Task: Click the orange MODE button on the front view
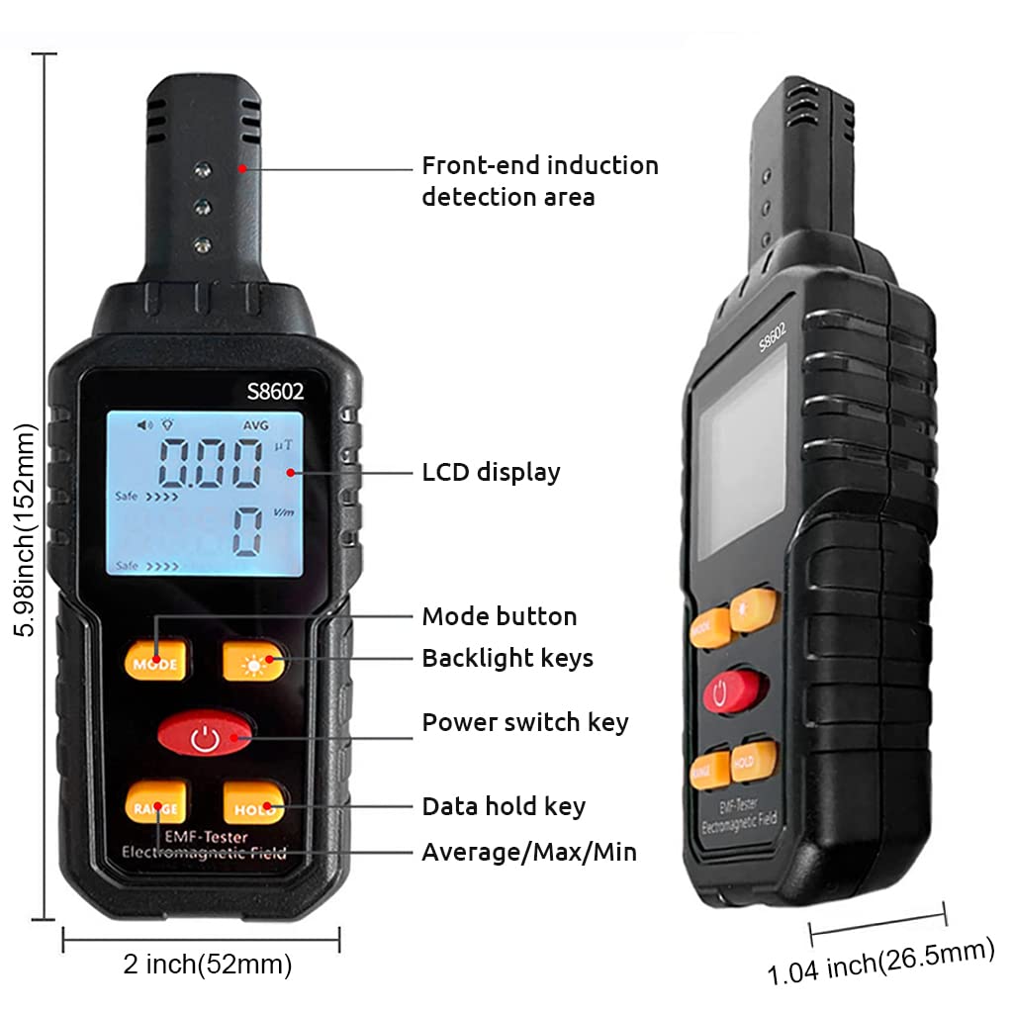(x=155, y=660)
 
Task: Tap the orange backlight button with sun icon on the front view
(x=254, y=661)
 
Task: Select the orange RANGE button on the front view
(x=155, y=805)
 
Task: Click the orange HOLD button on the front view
(x=254, y=805)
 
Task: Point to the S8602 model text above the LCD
(x=275, y=392)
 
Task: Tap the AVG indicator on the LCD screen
(x=254, y=424)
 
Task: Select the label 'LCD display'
(x=491, y=472)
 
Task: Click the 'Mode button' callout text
(x=499, y=616)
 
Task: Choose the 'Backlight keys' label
(x=507, y=658)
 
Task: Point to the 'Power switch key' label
(x=524, y=722)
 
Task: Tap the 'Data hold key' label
(x=504, y=806)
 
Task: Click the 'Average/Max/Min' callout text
(x=529, y=851)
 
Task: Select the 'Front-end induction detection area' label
(x=539, y=180)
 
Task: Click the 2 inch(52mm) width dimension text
(x=207, y=965)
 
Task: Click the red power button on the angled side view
(x=734, y=691)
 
